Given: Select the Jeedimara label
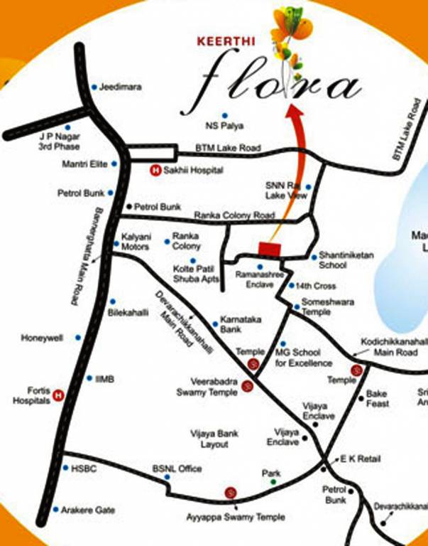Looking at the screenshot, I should point(121,87).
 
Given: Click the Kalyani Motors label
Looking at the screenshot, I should point(136,242).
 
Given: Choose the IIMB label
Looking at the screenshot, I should point(104,380).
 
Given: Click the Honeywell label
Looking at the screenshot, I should point(43,338).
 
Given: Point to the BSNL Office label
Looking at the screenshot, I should point(177,469).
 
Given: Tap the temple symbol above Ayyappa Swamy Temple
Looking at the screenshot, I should point(231,493).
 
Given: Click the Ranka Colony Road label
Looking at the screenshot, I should point(234,215).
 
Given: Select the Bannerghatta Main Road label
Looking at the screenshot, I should point(85,256).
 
